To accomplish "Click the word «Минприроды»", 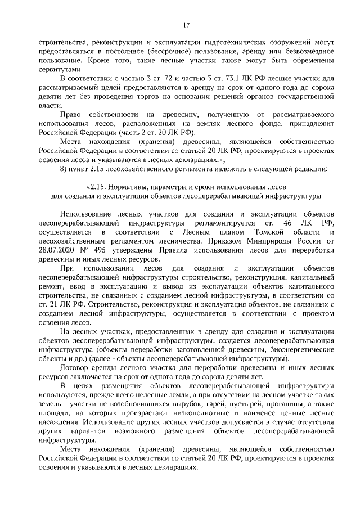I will pos(270,240).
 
